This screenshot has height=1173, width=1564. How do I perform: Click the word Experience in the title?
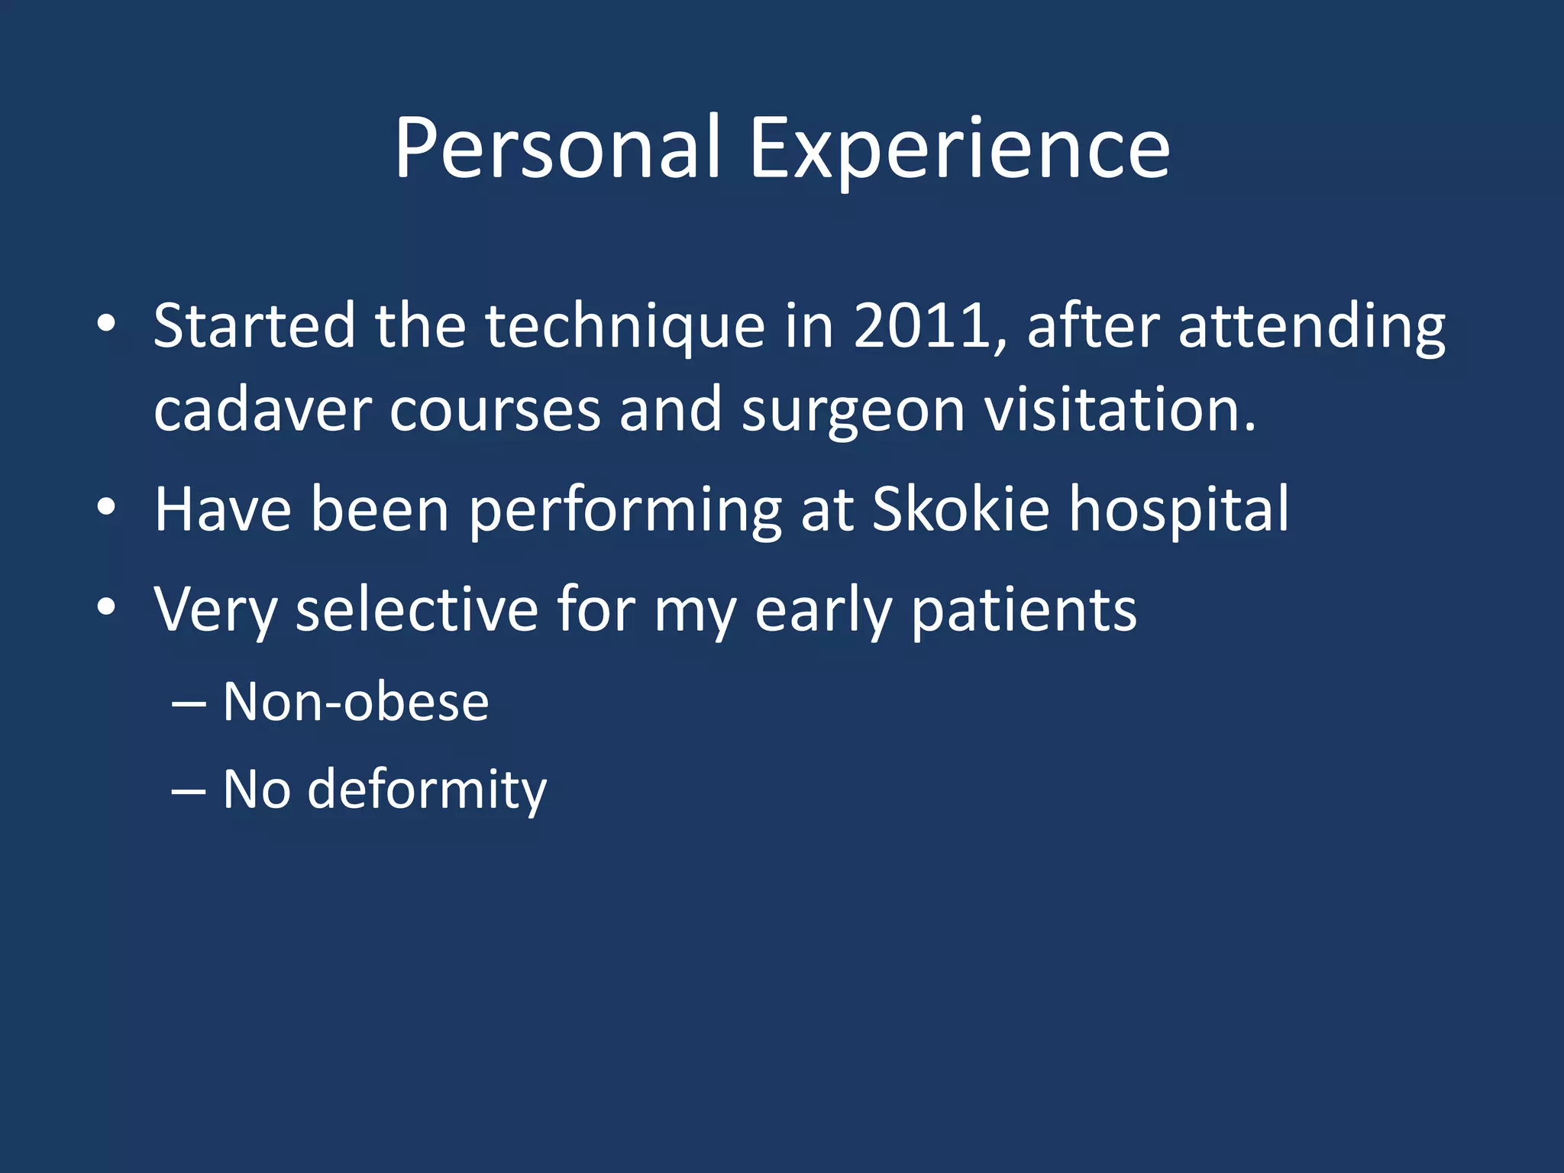tap(959, 149)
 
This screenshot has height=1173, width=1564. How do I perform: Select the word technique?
tap(625, 327)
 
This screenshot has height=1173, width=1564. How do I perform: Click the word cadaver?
tap(262, 411)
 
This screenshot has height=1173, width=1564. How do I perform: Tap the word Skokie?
tap(961, 509)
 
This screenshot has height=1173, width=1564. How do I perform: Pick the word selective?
tap(417, 609)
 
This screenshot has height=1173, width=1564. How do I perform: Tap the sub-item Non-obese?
tap(356, 702)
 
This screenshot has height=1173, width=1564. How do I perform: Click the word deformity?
tap(426, 790)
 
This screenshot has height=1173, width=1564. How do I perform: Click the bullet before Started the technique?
tap(106, 324)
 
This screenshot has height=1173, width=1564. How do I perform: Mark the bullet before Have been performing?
tap(106, 506)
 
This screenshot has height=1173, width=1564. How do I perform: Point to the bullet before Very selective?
tap(106, 606)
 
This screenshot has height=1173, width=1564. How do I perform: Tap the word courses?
tap(495, 411)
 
